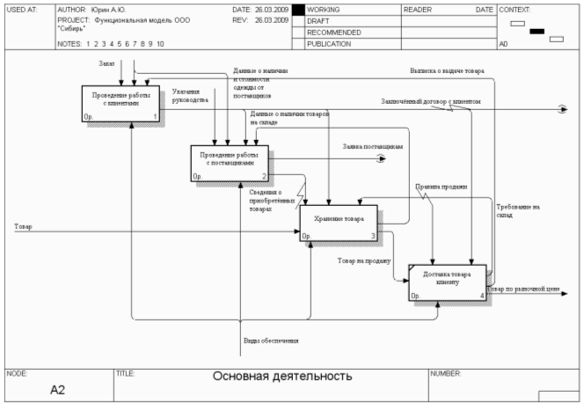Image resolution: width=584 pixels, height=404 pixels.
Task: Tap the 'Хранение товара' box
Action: [x=339, y=222]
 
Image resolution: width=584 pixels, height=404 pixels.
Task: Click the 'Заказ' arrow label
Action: [x=106, y=64]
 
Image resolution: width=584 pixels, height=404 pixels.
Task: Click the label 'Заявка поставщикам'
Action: [x=373, y=146]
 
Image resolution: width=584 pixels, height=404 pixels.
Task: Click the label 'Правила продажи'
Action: [x=441, y=187]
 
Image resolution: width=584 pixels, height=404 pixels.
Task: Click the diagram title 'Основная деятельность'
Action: [x=282, y=376]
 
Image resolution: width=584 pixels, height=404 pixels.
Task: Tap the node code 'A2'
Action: [x=57, y=391]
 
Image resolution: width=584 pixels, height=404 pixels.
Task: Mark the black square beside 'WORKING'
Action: [x=297, y=9]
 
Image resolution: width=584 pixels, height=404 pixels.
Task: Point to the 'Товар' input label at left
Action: [x=23, y=227]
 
